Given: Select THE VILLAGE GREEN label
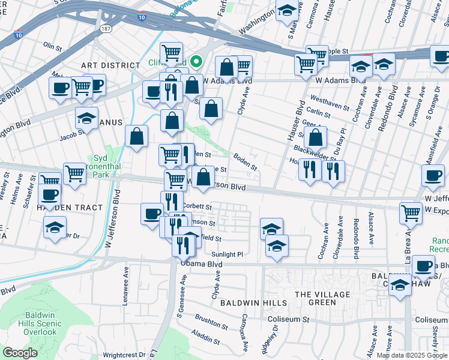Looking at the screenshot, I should (322, 298).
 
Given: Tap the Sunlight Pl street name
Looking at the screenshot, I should (228, 254).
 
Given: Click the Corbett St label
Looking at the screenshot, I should (198, 206).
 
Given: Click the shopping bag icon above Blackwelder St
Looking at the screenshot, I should (315, 137).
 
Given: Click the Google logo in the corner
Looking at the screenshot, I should (20, 353).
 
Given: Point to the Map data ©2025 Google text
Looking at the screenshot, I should (412, 355).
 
